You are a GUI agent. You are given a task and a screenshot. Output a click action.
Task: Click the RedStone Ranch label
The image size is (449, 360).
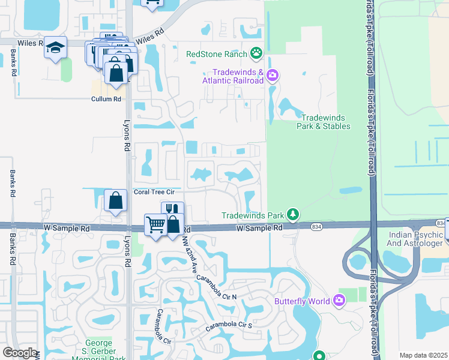[217, 54]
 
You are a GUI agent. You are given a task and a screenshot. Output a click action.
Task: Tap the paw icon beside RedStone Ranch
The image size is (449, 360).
[257, 54]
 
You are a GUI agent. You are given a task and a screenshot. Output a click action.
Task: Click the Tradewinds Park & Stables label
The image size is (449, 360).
[324, 122]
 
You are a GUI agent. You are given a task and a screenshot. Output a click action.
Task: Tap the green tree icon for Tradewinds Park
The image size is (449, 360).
[292, 214]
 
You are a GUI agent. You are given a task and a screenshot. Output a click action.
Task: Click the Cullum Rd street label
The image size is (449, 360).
[106, 99]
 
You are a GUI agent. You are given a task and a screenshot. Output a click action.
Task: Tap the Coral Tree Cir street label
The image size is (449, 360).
[154, 192]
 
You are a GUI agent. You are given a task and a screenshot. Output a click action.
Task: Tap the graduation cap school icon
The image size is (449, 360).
[55, 48]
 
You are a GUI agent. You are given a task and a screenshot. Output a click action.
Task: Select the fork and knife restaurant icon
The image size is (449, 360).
[172, 210]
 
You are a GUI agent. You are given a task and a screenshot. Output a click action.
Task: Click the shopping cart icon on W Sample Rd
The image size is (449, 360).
[155, 224]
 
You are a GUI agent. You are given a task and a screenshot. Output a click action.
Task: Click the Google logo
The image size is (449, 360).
[20, 353]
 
